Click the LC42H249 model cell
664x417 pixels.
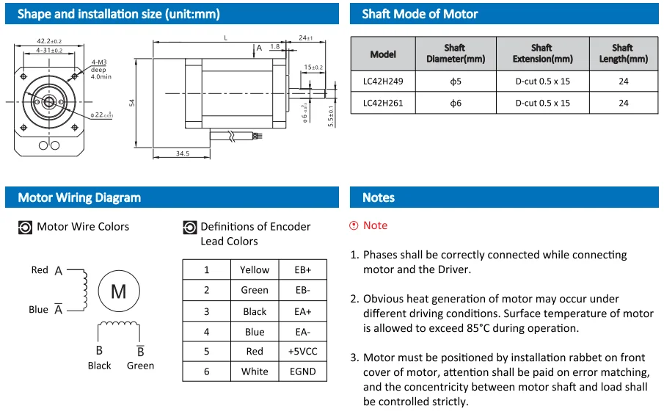[x=383, y=81]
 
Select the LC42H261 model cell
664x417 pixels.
[x=383, y=103]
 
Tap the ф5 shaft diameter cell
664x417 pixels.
[x=455, y=81]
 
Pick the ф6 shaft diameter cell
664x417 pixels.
[x=455, y=103]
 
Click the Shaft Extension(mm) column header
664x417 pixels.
[x=542, y=54]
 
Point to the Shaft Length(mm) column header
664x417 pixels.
[x=623, y=54]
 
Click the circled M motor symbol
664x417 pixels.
[x=118, y=291]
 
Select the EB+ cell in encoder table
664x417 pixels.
[x=303, y=270]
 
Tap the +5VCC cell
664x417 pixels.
[x=303, y=352]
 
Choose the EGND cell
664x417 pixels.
[x=303, y=371]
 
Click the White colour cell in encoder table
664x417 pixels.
[x=255, y=371]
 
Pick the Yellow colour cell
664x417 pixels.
[x=255, y=270]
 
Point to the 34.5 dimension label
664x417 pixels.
[x=181, y=153]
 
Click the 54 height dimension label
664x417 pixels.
[x=133, y=103]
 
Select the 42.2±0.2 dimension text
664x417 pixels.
[x=48, y=41]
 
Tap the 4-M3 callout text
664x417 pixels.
[x=98, y=63]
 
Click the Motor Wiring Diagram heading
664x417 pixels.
[x=79, y=197]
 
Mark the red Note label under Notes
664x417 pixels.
[x=375, y=225]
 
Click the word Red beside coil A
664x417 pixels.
[x=40, y=270]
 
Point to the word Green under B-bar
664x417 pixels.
[x=140, y=366]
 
